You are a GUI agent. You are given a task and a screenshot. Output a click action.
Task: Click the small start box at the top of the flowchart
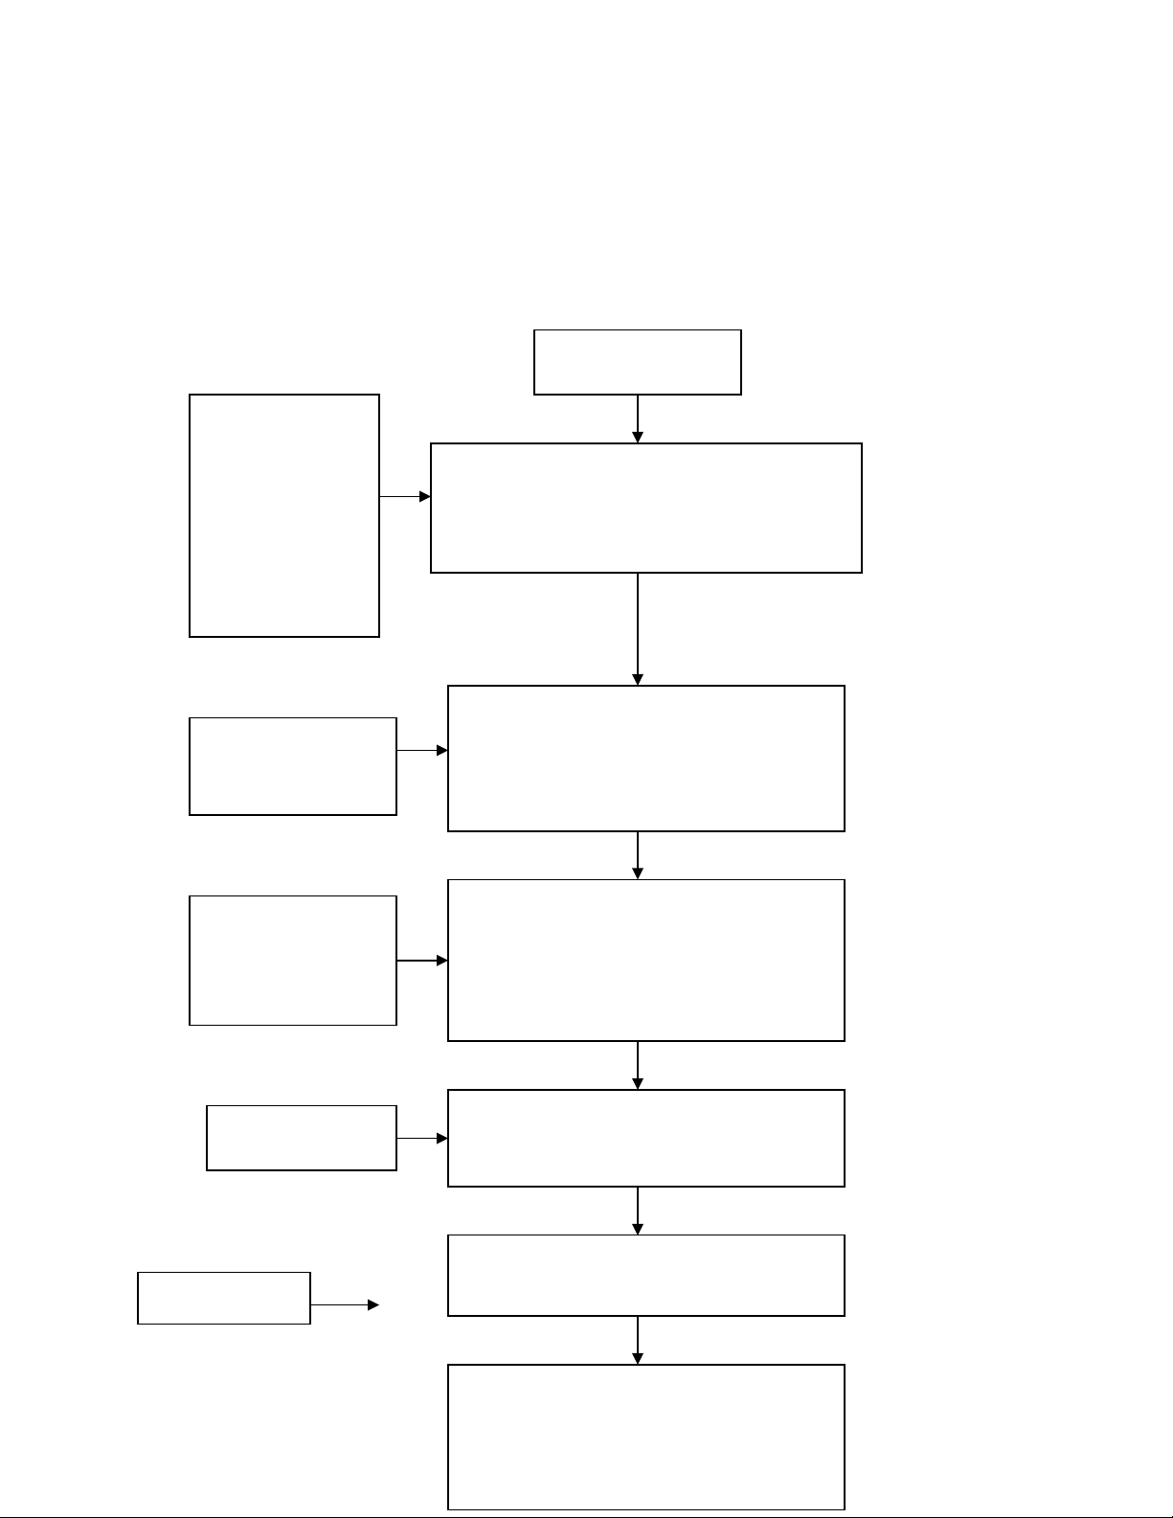637,362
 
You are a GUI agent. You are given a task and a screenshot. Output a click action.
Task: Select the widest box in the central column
645,508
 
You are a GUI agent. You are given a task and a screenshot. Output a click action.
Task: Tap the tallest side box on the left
284,515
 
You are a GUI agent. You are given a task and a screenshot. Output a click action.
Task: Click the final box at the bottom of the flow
645,1437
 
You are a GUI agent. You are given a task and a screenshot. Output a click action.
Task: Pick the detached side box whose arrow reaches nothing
224,1298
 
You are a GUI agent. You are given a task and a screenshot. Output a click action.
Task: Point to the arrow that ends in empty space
345,1304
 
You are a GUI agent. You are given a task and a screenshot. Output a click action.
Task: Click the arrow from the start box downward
638,419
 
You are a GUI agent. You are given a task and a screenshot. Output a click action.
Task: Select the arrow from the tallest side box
405,497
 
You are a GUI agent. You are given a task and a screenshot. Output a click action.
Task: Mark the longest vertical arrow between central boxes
638,628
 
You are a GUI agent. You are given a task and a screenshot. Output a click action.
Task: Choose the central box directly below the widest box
645,758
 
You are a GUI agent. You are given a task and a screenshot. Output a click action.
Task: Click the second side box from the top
293,766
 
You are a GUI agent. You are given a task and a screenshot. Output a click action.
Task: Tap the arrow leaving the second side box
422,751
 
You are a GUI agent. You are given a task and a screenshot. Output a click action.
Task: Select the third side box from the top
293,961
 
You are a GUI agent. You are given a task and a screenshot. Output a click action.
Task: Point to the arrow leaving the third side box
422,961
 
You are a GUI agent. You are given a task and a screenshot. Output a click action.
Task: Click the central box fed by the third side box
645,960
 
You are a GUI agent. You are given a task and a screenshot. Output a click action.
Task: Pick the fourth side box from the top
302,1138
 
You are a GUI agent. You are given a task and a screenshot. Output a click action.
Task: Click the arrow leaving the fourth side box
422,1139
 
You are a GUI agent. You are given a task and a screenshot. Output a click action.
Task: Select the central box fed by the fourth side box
645,1138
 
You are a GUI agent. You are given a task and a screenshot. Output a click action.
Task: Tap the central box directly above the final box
645,1275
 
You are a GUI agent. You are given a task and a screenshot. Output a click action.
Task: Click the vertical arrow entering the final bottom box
638,1340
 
